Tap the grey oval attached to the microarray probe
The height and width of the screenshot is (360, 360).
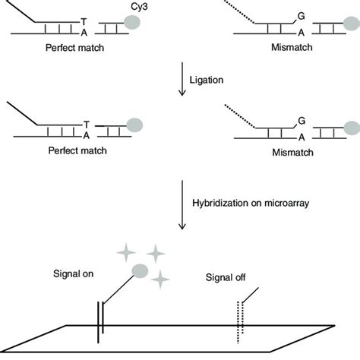(x=141, y=271)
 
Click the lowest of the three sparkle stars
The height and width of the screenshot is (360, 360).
(x=160, y=280)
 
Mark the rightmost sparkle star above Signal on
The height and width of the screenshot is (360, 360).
(x=156, y=254)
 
